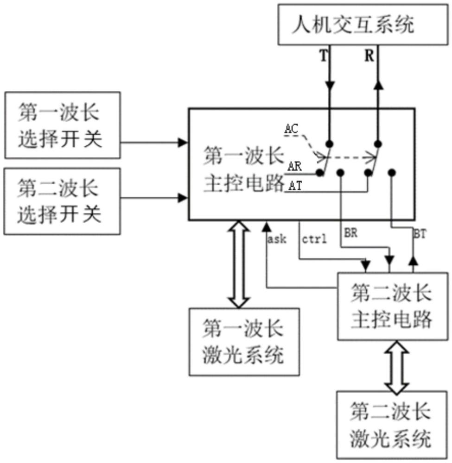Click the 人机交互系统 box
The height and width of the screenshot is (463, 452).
[x=363, y=25]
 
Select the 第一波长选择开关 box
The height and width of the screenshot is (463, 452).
[x=62, y=125]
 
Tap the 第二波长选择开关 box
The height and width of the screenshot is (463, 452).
[x=62, y=201]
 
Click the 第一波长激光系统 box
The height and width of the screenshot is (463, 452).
[x=244, y=342]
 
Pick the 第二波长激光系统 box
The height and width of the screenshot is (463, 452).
[x=392, y=425]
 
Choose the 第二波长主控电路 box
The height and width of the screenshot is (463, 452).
[x=393, y=307]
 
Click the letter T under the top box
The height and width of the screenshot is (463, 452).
[x=324, y=56]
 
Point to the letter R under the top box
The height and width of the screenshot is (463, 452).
[x=369, y=56]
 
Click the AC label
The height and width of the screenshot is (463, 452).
[x=291, y=129]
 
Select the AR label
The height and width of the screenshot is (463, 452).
[x=295, y=167]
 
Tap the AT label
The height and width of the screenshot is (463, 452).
[x=295, y=186]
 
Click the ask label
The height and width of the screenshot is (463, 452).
[x=277, y=239]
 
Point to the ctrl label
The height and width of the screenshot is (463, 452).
[x=314, y=239]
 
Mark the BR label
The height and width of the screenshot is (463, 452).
[x=350, y=233]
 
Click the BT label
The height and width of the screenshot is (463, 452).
[x=420, y=234]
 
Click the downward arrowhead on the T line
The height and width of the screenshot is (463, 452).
[x=330, y=85]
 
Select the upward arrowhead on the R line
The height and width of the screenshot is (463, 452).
[x=378, y=85]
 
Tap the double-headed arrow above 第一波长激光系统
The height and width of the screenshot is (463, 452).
[x=239, y=264]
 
